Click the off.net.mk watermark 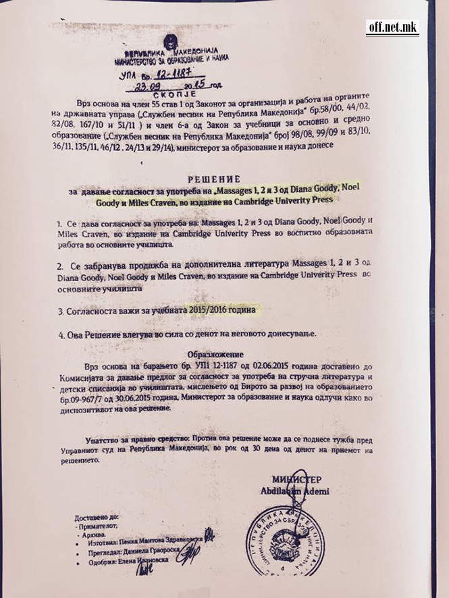click(392, 27)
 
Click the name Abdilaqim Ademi click(295, 491)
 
